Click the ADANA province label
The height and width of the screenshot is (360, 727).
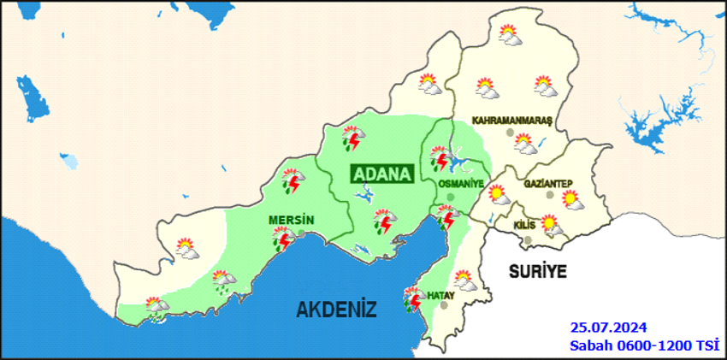(x=381, y=174)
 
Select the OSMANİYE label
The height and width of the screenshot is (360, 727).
(x=460, y=184)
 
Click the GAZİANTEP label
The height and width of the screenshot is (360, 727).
(x=547, y=184)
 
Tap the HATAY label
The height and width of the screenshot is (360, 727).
(x=440, y=294)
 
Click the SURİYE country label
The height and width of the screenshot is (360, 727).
(x=537, y=271)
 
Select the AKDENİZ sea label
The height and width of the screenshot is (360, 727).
(x=337, y=310)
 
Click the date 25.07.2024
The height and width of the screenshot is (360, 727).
(x=609, y=328)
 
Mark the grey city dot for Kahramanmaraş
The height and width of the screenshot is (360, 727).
(x=510, y=133)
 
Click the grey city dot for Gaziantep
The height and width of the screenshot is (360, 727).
(x=549, y=196)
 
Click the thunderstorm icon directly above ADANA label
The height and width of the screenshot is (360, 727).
(x=353, y=138)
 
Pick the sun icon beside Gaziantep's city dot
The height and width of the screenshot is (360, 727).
(x=570, y=200)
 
